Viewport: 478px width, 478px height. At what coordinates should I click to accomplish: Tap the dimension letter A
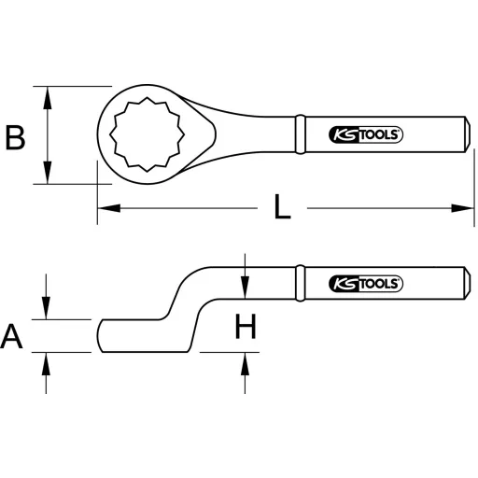(x=13, y=335)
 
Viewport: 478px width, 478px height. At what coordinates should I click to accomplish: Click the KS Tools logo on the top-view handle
(x=366, y=134)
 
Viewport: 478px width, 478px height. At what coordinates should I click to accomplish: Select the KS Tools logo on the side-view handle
(x=366, y=281)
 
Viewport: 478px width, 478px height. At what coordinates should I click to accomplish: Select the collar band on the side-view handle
(x=300, y=281)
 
